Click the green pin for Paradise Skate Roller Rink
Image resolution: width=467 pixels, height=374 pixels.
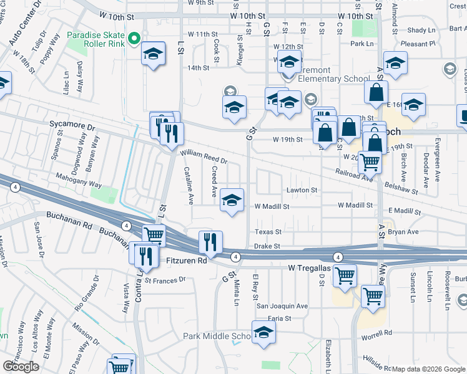point(133,40)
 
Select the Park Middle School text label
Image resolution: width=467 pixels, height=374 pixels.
point(216,337)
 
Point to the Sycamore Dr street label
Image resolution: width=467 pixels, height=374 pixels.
point(72,126)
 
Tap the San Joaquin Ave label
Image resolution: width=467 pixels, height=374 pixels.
point(282,306)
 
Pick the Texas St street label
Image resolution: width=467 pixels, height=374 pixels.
point(268,231)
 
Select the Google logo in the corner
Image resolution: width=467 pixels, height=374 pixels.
point(21,367)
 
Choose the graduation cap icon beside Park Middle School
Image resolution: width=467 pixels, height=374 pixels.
point(263,332)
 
